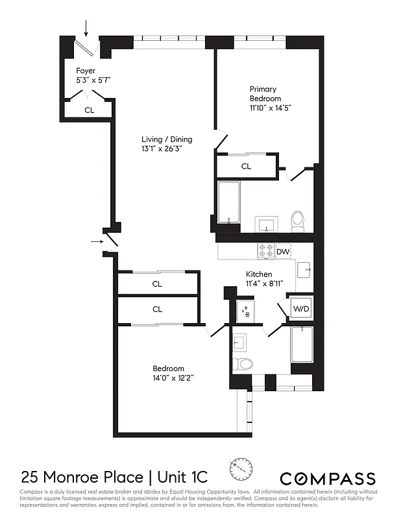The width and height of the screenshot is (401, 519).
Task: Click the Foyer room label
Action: coord(86,70)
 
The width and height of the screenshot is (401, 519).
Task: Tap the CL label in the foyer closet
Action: coord(89,110)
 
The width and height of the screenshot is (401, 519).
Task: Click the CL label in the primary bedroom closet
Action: coord(246,167)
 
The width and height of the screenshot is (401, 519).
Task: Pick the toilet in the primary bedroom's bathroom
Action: coord(298,221)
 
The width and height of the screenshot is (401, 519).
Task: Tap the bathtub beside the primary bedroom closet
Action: coord(229,202)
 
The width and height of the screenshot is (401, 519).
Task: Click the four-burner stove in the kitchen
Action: coord(266,250)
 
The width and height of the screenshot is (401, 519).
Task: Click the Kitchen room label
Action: coord(258,274)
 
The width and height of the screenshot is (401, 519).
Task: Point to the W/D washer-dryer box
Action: coord(300,309)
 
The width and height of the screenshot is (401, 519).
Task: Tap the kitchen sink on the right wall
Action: coord(304,267)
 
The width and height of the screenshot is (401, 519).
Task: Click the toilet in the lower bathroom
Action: coord(244,363)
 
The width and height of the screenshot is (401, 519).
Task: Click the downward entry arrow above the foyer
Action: coord(87,27)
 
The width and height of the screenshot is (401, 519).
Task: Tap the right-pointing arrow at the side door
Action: coord(97,241)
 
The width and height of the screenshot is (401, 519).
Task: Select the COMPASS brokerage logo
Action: coord(328,479)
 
